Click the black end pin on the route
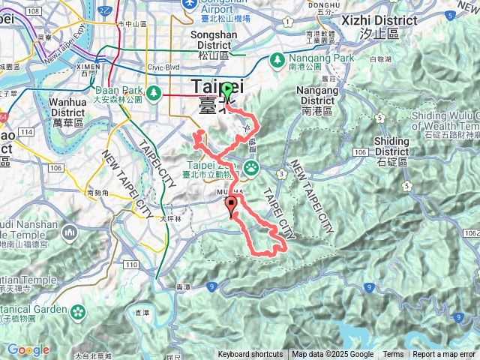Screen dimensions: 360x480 pos(231,205)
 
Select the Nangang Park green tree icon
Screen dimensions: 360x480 pos(277,58)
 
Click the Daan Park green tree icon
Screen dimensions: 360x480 pos(154,92)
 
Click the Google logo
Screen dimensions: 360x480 pos(28,350)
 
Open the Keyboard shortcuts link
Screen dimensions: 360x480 pos(250,355)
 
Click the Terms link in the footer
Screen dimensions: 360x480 pos(393,355)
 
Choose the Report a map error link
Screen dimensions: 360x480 pos(444,355)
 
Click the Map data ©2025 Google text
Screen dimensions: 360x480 pos(333,355)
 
